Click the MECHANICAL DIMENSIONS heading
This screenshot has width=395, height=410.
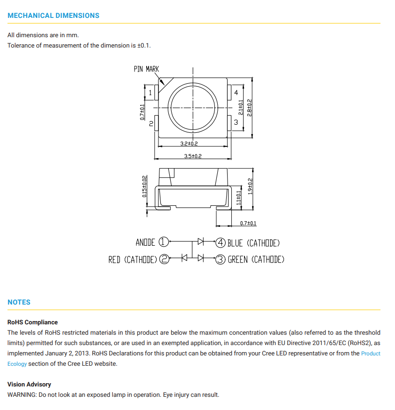coord(54,16)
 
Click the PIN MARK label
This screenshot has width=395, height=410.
coord(146,69)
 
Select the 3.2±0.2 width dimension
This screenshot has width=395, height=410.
coord(189,144)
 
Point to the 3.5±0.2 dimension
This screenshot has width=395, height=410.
coord(192,156)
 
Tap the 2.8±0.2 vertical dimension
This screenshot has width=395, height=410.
coord(250,108)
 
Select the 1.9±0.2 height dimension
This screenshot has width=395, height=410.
coord(250,186)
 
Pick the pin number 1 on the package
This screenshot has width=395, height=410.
coord(150,93)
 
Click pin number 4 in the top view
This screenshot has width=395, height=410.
coord(236,93)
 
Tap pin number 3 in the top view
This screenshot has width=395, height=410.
coord(236,122)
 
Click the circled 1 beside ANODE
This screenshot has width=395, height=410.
coord(163,242)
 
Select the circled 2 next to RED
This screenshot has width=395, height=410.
coord(164,259)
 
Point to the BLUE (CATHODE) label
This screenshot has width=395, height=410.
coord(253,243)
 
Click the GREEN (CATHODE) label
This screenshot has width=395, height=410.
coord(256,259)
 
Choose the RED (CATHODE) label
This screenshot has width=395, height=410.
coord(133,259)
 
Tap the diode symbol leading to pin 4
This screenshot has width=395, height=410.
coord(201,241)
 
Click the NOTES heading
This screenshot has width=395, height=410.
coord(19,302)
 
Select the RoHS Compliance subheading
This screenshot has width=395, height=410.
coord(32,322)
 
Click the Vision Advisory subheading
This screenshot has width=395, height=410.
coord(29,385)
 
